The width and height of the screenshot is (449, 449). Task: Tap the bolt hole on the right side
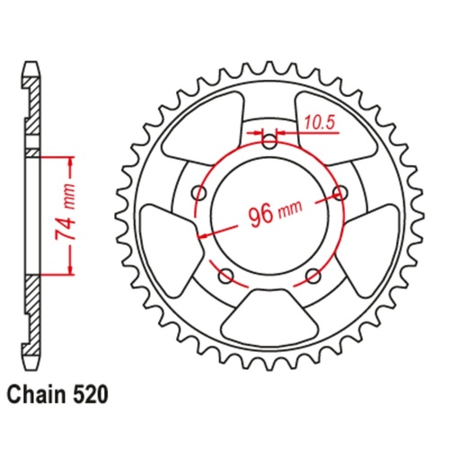tap(339, 192)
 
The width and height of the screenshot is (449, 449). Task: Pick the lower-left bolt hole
tap(226, 273)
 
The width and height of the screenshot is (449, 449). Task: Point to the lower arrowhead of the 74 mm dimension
tap(68, 270)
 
